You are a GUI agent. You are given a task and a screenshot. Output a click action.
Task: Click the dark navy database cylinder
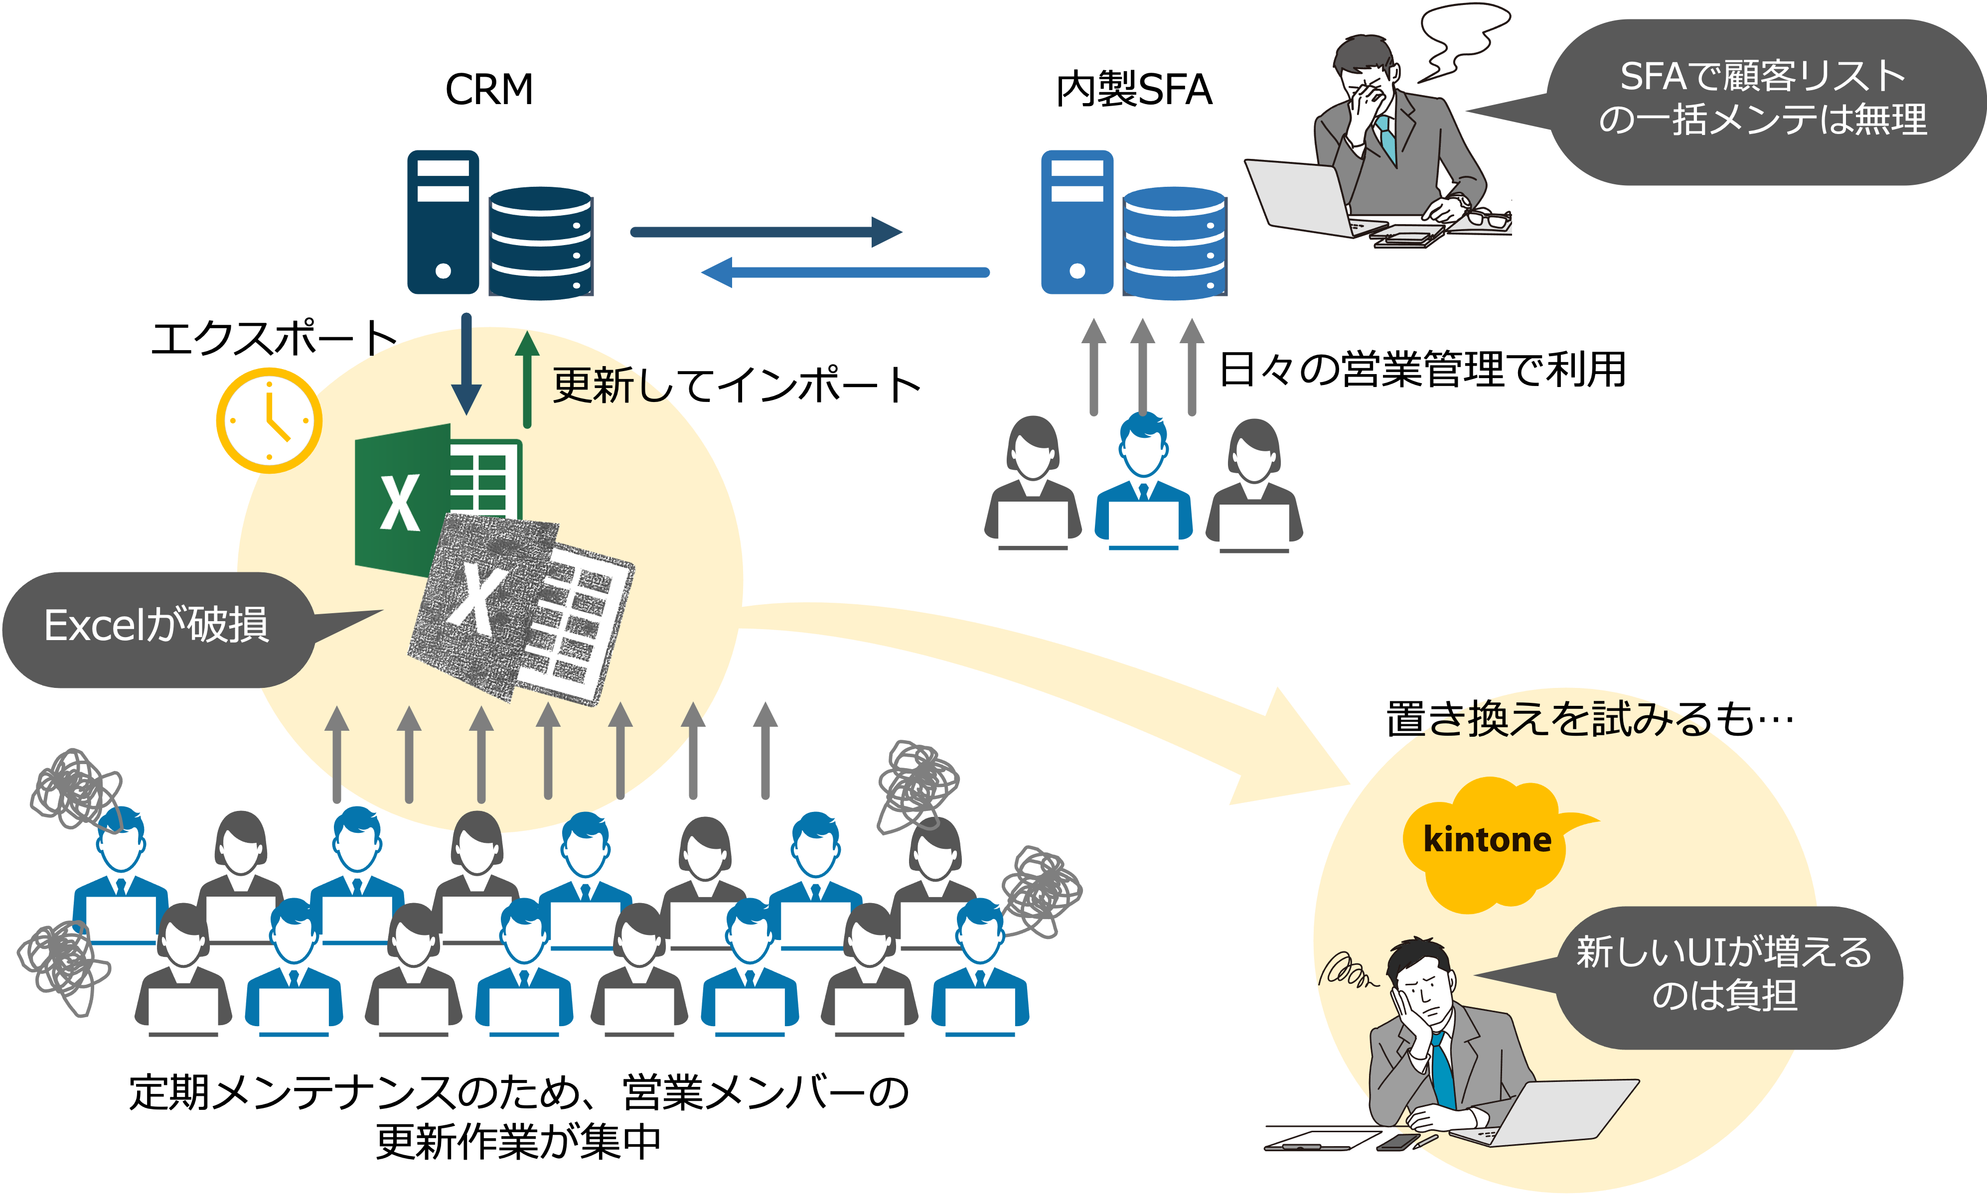pos(540,242)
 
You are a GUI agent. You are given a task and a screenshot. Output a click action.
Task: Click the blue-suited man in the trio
pos(1143,484)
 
